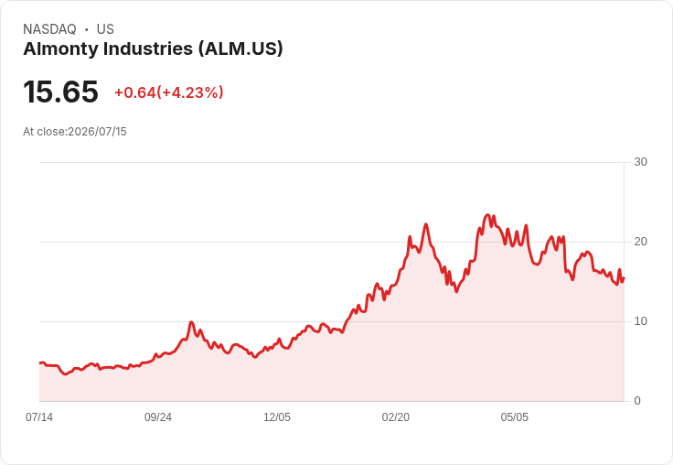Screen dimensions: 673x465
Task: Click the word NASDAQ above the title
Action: click(x=49, y=29)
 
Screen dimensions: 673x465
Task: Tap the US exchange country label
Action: click(x=105, y=29)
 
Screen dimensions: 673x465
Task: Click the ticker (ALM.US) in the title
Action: click(x=240, y=49)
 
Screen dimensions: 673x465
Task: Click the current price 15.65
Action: click(x=60, y=92)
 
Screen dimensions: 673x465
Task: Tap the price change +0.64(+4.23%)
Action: click(x=168, y=92)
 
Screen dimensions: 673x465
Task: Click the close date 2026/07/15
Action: click(x=98, y=132)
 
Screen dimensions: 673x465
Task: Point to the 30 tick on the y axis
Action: click(x=640, y=162)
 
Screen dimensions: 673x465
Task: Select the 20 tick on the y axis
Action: click(x=640, y=242)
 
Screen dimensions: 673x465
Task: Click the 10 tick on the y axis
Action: click(x=640, y=321)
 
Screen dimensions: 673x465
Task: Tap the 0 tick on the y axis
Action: click(x=637, y=401)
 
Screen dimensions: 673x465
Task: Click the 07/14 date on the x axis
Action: click(x=39, y=417)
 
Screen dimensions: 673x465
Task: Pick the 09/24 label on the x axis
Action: click(x=158, y=417)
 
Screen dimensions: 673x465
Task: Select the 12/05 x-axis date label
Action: click(x=277, y=417)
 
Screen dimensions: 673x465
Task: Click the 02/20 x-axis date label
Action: click(x=396, y=417)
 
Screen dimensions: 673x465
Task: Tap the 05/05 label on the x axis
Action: click(x=514, y=417)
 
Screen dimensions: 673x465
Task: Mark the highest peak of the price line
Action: click(x=487, y=214)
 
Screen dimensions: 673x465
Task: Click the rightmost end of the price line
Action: click(x=624, y=278)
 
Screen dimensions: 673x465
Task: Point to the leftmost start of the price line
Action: click(x=40, y=363)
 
